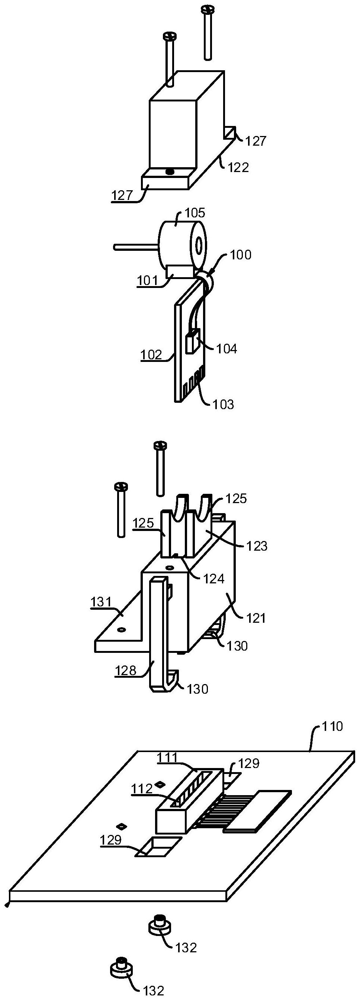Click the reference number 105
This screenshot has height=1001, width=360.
coord(195,213)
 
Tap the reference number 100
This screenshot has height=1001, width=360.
coord(241,255)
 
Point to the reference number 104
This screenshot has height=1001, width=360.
coord(226,349)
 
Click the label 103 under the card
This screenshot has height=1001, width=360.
coord(224,404)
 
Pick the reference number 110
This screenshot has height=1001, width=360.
coord(332,726)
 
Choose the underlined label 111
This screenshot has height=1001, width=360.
coord(167,757)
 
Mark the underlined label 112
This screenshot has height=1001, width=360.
coord(142,788)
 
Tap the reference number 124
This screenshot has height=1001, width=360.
coord(214,579)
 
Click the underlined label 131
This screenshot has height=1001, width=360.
coord(101,602)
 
